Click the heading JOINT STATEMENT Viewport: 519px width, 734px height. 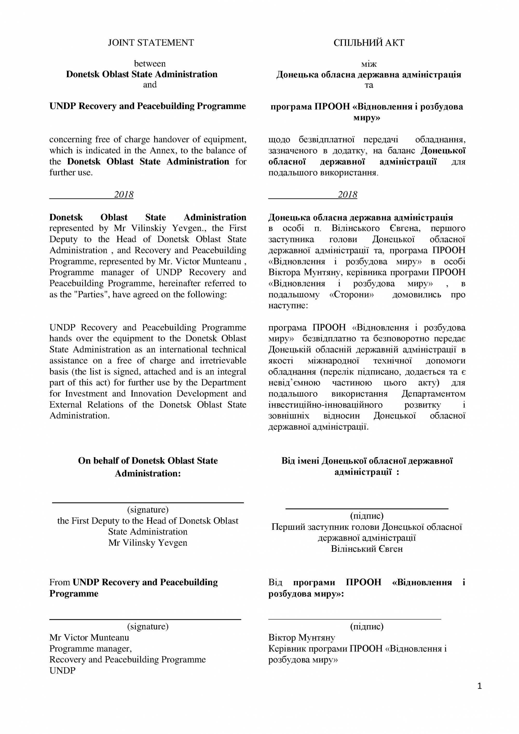(151, 43)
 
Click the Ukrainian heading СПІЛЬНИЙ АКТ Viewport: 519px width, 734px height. (369, 43)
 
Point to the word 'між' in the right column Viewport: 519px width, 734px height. (369, 64)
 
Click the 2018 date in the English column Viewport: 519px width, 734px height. (124, 194)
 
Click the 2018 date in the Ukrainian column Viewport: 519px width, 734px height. (348, 194)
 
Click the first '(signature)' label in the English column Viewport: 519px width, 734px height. (148, 509)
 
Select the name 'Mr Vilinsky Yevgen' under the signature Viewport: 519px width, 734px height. (148, 542)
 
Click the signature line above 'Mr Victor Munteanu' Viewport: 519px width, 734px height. (145, 619)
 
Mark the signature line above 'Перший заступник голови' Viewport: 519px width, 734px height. (367, 508)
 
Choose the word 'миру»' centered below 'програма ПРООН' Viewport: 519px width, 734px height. (367, 118)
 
